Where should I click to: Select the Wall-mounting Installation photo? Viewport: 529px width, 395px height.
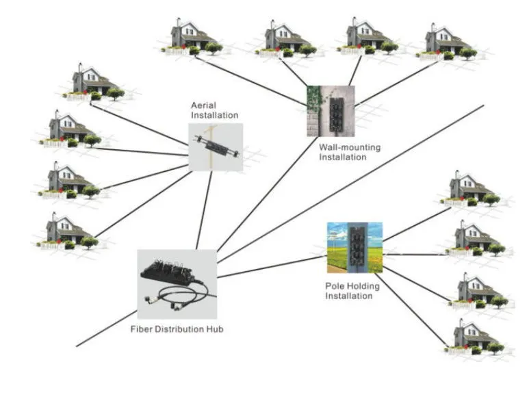tap(330, 112)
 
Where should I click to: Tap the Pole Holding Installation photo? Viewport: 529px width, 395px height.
tap(354, 247)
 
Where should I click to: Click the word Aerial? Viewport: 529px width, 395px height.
tap(203, 106)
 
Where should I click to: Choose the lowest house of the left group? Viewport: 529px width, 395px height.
tap(68, 231)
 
